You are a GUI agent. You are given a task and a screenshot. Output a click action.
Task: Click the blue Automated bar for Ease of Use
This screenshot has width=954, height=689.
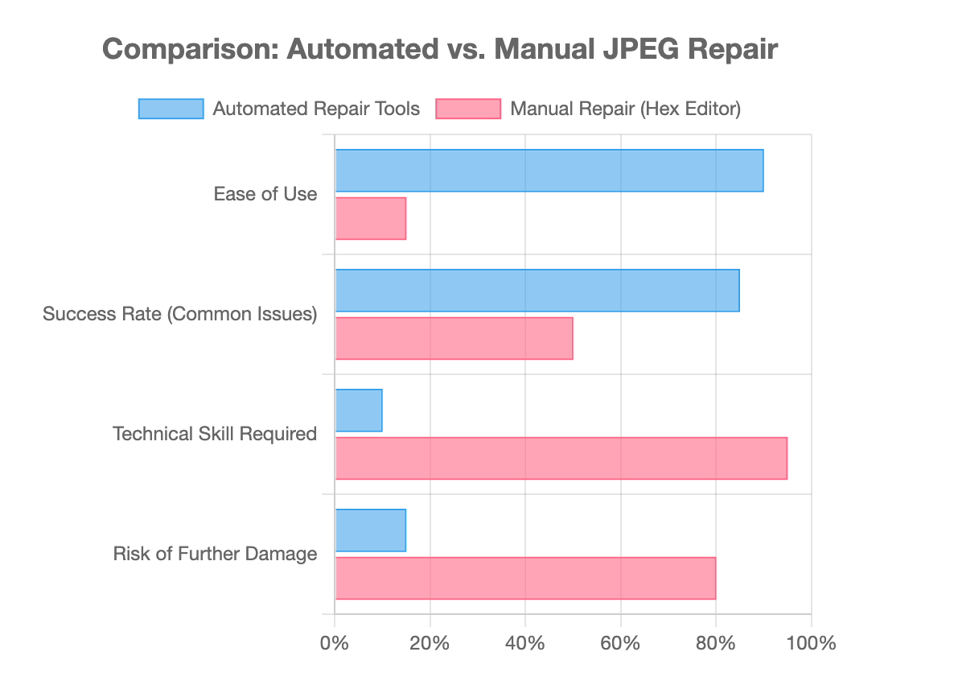(549, 171)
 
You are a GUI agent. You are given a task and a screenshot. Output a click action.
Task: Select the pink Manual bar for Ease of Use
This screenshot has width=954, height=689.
(370, 218)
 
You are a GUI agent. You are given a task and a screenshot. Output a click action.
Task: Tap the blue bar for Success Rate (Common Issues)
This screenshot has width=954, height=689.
(537, 291)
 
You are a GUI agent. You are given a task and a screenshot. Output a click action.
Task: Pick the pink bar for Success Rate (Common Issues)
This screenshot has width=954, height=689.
(454, 338)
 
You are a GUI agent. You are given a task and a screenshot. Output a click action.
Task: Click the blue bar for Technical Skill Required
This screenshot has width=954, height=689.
(359, 411)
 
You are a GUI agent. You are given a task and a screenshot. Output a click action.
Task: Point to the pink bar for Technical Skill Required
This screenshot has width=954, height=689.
(561, 458)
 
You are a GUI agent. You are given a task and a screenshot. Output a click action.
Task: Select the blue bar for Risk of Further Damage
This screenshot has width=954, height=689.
(370, 530)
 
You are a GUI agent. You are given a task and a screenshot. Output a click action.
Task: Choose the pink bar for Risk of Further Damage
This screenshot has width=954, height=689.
(525, 578)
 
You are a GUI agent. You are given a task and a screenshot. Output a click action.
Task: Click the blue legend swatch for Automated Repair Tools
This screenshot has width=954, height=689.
(171, 109)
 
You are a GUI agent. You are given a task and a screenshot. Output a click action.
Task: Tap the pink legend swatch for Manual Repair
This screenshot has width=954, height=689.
(468, 109)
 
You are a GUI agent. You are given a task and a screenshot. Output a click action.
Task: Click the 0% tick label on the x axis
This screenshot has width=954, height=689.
(335, 643)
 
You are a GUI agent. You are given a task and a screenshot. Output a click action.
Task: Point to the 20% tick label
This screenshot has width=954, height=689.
(430, 643)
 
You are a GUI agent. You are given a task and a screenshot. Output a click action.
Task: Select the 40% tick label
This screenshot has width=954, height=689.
(525, 643)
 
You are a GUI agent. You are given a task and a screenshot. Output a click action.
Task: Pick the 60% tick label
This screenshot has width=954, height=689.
(620, 643)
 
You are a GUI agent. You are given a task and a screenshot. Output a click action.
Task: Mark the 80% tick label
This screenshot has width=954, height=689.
(716, 643)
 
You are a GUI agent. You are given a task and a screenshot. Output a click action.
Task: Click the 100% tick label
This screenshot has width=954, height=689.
(811, 643)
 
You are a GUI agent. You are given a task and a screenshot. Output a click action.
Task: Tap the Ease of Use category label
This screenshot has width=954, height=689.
(265, 194)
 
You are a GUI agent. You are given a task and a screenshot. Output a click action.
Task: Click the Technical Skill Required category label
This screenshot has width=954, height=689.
(215, 435)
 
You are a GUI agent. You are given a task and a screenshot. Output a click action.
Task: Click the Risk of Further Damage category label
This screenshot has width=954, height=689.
(215, 554)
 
